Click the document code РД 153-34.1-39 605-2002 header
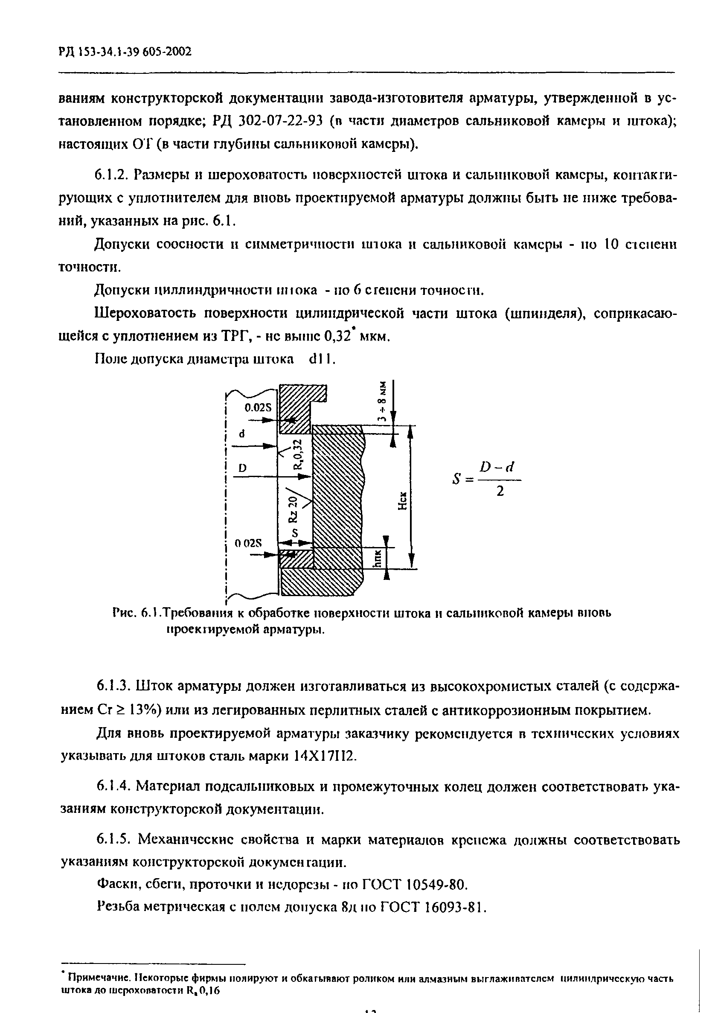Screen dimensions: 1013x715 point(125,52)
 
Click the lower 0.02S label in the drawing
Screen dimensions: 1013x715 point(248,544)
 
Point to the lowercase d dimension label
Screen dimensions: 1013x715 point(241,434)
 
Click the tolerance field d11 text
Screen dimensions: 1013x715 point(323,360)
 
